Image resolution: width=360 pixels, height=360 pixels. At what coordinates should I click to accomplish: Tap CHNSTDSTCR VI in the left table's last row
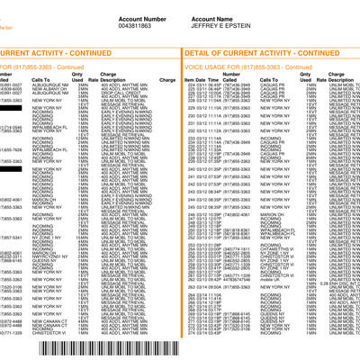point(51,336)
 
